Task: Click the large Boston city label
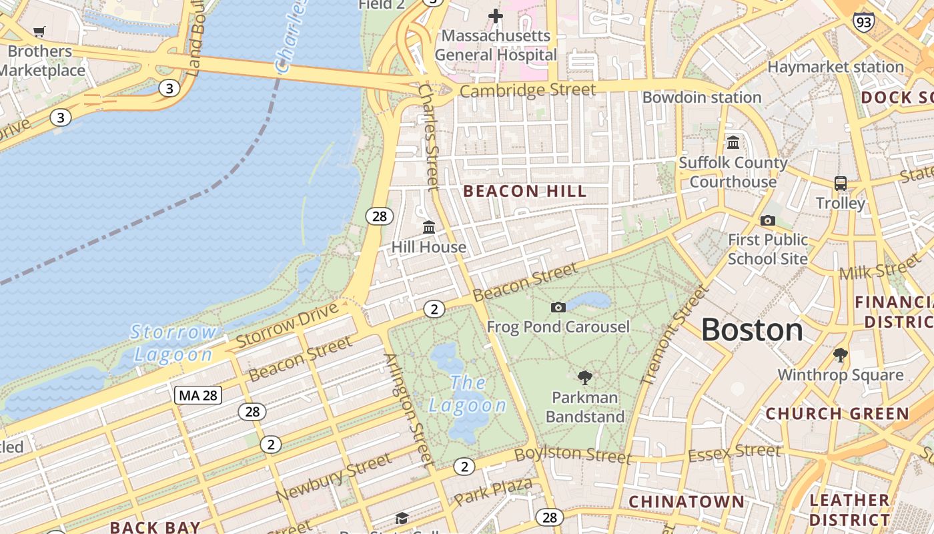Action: (x=752, y=330)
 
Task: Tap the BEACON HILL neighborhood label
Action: (x=525, y=192)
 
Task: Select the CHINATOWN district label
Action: (x=686, y=501)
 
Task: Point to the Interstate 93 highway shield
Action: (x=863, y=22)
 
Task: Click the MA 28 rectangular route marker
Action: (x=198, y=395)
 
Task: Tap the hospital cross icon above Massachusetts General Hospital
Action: (x=495, y=15)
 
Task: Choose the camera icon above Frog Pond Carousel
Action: (x=558, y=307)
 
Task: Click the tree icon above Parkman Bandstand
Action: (x=585, y=378)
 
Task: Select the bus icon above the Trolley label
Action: (x=841, y=183)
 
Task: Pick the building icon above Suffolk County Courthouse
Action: (x=733, y=143)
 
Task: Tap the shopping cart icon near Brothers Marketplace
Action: (x=39, y=31)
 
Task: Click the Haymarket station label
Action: (x=835, y=67)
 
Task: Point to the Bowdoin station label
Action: (x=701, y=97)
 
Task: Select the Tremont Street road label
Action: (x=673, y=335)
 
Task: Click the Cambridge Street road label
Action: (x=527, y=90)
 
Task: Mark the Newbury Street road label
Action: (x=334, y=478)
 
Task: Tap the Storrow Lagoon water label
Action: (x=173, y=343)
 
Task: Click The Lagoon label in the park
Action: (x=468, y=394)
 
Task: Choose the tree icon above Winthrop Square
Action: (x=840, y=354)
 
